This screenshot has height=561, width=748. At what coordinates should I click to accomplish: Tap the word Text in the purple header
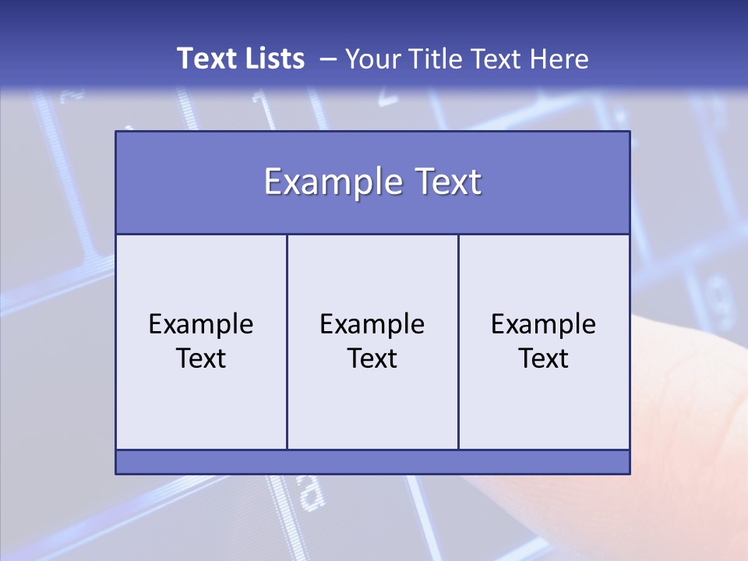tap(446, 182)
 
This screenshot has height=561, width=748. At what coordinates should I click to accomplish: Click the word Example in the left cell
tap(201, 324)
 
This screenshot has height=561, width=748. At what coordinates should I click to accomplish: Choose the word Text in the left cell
tap(201, 358)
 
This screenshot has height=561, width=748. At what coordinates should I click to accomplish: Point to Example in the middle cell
tap(372, 324)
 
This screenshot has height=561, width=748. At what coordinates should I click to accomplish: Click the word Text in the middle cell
tap(372, 358)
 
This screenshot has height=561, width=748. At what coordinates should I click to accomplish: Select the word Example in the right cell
tap(544, 324)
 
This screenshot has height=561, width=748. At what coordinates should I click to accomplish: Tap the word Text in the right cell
tap(544, 358)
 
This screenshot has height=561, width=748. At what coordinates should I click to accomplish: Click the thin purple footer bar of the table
tap(372, 462)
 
